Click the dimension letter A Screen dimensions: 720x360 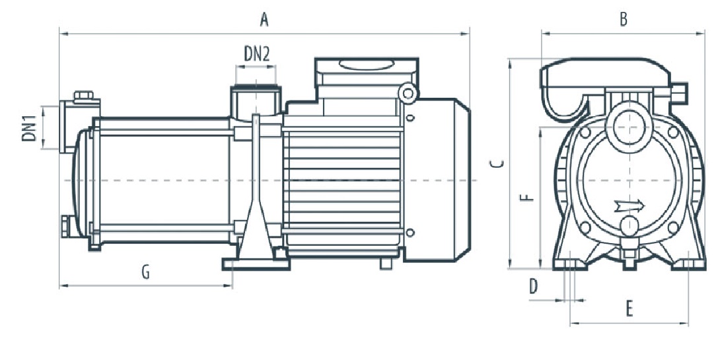click(x=264, y=20)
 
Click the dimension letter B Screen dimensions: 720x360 click(x=623, y=20)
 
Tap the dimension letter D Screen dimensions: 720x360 click(x=533, y=287)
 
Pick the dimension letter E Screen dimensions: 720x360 click(x=629, y=309)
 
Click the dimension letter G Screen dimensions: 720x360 click(x=145, y=272)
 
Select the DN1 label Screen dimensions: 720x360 click(x=29, y=128)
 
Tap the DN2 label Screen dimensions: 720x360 click(x=257, y=55)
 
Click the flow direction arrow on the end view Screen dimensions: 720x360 click(x=630, y=206)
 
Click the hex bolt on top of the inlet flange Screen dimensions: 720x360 click(x=83, y=96)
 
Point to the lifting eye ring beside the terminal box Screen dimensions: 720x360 click(x=408, y=93)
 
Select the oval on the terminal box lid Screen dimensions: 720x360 click(x=366, y=64)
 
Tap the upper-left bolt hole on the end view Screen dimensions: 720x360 click(x=585, y=132)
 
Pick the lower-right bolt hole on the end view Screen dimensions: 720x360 click(x=673, y=227)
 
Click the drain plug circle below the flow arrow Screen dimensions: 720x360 click(x=629, y=225)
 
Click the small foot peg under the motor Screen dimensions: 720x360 click(x=386, y=264)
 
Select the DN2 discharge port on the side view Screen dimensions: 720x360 click(x=256, y=100)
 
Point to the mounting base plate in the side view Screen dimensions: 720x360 click(x=256, y=264)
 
